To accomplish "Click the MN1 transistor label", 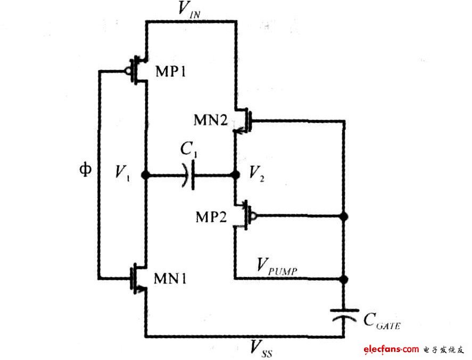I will (170, 278).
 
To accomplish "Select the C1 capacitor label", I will (189, 152).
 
